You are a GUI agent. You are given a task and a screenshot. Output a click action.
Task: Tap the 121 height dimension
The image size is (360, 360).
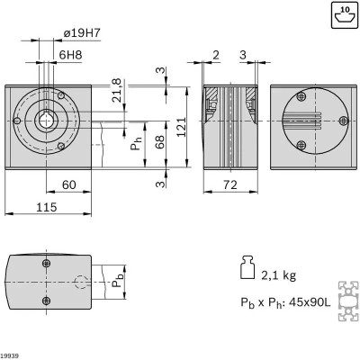pyautogui.click(x=182, y=128)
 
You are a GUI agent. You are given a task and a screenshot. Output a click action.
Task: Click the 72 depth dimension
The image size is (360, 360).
pyautogui.click(x=230, y=184)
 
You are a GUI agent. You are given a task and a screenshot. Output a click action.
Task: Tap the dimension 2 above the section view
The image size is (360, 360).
pyautogui.click(x=216, y=55)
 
